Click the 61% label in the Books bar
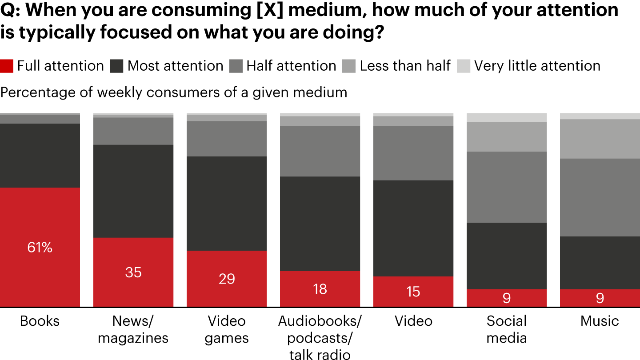(x=40, y=248)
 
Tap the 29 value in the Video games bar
(x=227, y=279)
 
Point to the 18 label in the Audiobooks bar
(x=320, y=289)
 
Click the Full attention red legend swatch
(x=7, y=66)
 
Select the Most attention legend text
(x=175, y=66)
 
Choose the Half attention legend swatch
(x=236, y=66)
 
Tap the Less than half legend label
(x=405, y=66)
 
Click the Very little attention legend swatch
(x=463, y=66)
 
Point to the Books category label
(x=40, y=321)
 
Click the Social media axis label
(x=507, y=329)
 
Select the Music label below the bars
(x=600, y=321)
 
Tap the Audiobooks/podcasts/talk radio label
(x=320, y=337)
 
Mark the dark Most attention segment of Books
(x=40, y=156)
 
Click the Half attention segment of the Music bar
(x=600, y=197)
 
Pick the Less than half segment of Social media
(x=507, y=137)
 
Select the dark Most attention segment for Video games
(x=227, y=203)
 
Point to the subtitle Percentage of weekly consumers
(x=174, y=92)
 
